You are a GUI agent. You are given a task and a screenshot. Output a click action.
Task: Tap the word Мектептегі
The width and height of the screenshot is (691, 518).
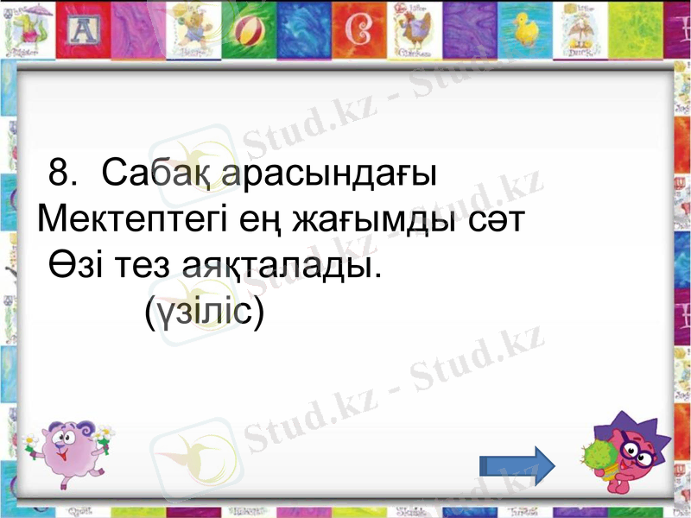(131, 220)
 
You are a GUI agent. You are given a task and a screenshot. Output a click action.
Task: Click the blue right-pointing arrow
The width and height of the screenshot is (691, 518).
(517, 465)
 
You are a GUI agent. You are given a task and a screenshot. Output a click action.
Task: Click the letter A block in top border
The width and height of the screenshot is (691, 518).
(83, 33)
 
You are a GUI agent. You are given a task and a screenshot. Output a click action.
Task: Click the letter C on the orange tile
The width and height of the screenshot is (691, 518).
(357, 32)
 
